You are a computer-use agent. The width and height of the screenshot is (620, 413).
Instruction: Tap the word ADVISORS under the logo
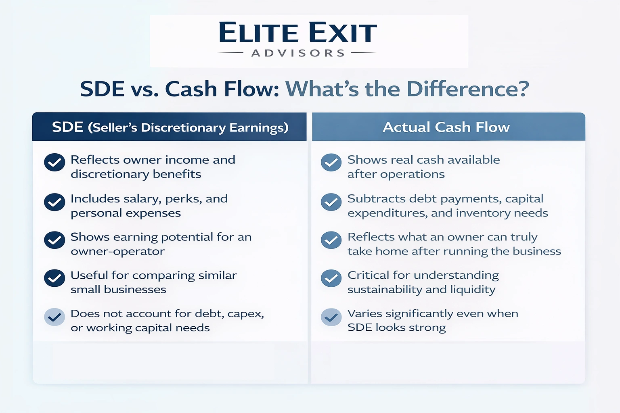298,53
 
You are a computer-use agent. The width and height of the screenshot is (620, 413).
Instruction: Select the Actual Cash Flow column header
446,127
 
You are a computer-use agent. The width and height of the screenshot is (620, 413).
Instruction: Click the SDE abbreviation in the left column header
67,127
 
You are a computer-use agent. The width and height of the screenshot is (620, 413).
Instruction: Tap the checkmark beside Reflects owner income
54,163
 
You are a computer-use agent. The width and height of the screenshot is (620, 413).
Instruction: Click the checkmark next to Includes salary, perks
54,202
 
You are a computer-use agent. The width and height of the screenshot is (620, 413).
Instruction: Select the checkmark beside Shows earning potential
54,241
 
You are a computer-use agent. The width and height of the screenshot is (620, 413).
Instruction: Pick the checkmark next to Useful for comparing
54,278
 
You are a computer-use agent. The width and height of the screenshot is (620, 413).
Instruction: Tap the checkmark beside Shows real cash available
331,163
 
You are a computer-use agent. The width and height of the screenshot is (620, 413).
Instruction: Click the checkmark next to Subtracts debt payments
331,202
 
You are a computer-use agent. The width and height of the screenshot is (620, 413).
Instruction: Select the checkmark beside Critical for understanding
331,278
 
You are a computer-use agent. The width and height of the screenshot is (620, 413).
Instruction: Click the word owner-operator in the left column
117,251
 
